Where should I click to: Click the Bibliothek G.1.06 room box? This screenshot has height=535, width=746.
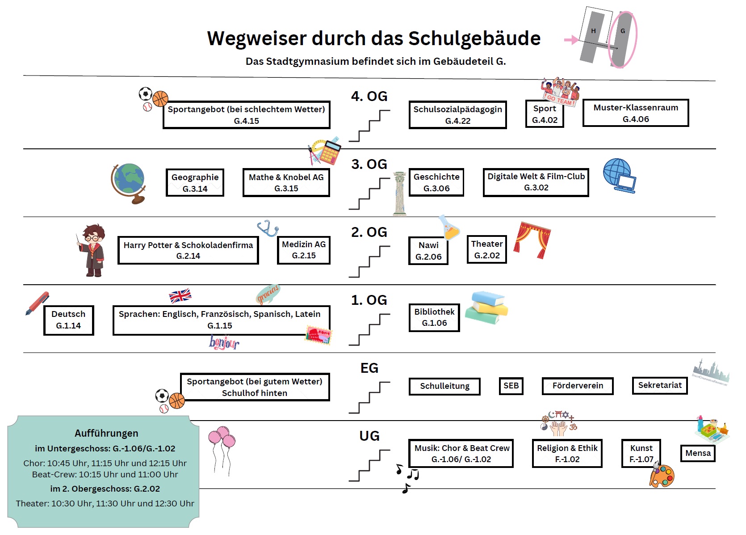[x=434, y=317]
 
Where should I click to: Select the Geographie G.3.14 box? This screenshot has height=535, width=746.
[x=195, y=182]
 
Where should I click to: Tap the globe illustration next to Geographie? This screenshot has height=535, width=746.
[x=129, y=183]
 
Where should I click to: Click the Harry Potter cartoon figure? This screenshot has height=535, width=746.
[x=92, y=250]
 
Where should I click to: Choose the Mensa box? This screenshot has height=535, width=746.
[x=697, y=453]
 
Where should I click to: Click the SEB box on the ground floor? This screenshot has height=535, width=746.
[x=511, y=386]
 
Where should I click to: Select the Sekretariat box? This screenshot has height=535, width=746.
[x=659, y=385]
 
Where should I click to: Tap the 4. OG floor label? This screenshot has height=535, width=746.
[x=369, y=96]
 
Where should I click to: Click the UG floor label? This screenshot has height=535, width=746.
[x=369, y=436]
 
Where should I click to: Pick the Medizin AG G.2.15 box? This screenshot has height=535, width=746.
[x=304, y=250]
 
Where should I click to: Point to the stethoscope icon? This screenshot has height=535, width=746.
[x=268, y=228]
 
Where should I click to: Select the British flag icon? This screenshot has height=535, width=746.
[x=180, y=295]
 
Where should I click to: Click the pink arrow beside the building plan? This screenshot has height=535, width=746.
[x=571, y=40]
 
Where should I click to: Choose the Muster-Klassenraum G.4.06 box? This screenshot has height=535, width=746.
[x=635, y=113]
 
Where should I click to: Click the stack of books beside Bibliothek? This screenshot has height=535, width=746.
[x=486, y=308]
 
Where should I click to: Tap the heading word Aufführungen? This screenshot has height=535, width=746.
[x=106, y=433]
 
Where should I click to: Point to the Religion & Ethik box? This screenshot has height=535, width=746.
[x=567, y=453]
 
